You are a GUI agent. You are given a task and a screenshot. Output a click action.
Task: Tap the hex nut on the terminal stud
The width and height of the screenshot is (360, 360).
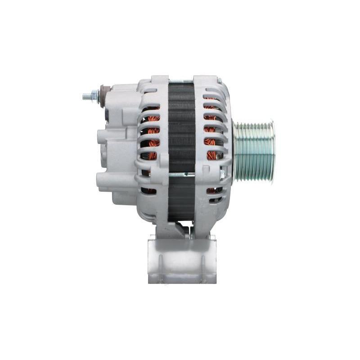point(95,95)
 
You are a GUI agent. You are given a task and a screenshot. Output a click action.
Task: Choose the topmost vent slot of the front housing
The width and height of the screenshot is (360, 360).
point(211,97)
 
